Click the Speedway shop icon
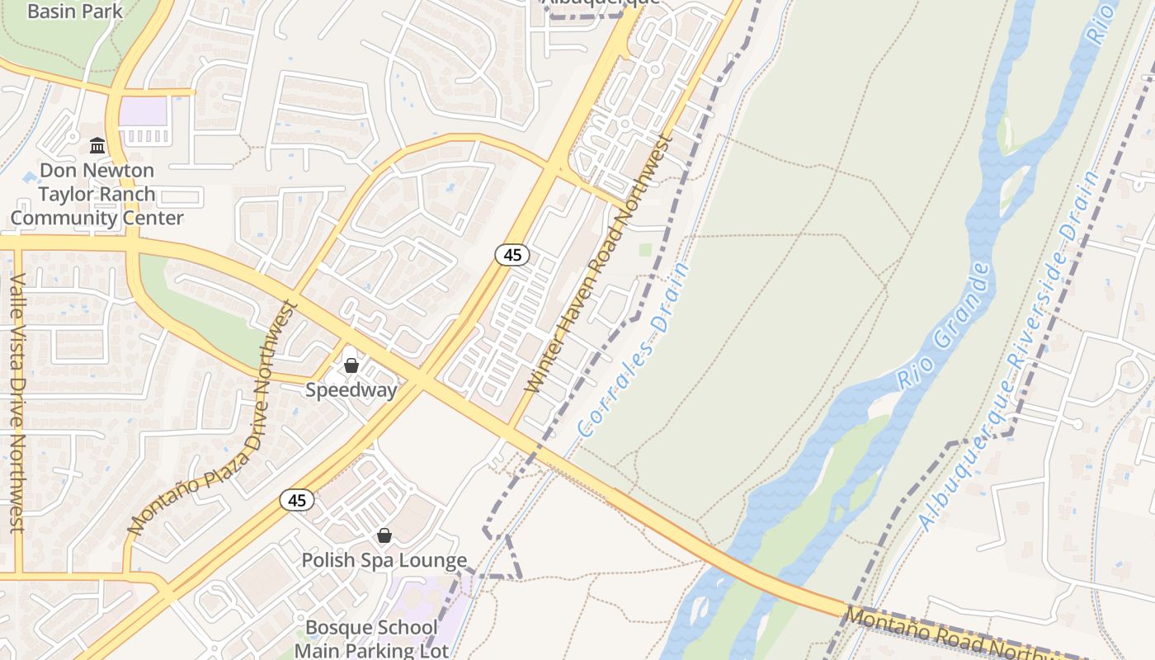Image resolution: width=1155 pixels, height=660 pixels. pyautogui.click(x=351, y=365)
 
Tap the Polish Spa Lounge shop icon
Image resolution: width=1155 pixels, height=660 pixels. pyautogui.click(x=384, y=535)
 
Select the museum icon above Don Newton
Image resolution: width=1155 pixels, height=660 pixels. pyautogui.click(x=97, y=146)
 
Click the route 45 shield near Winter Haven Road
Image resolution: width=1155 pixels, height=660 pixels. pyautogui.click(x=512, y=255)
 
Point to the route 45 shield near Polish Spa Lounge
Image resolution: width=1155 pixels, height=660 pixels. pyautogui.click(x=297, y=500)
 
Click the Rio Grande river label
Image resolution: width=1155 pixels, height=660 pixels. pyautogui.click(x=943, y=327)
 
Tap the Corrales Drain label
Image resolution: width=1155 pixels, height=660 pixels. pyautogui.click(x=634, y=350)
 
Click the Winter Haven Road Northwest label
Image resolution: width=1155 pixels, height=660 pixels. pyautogui.click(x=599, y=264)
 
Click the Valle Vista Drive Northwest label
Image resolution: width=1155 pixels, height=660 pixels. pyautogui.click(x=16, y=403)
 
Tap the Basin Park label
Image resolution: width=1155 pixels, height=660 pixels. pyautogui.click(x=75, y=12)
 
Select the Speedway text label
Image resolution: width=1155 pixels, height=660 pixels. pyautogui.click(x=351, y=390)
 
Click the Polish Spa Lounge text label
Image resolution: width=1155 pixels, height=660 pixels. pyautogui.click(x=384, y=561)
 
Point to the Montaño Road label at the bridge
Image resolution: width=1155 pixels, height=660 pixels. pyautogui.click(x=949, y=635)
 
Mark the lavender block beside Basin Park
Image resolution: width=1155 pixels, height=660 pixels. pyautogui.click(x=143, y=111)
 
